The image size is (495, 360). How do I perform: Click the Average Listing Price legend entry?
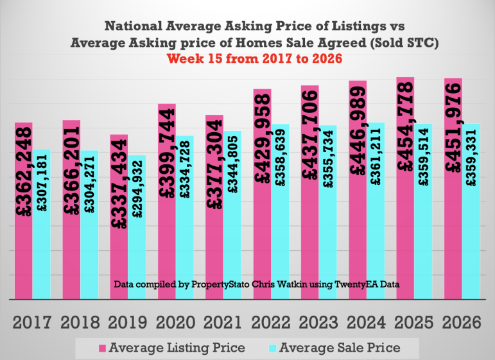pyautogui.click(x=177, y=348)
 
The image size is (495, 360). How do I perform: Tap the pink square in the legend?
pyautogui.click(x=101, y=348)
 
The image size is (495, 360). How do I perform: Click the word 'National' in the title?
pyautogui.click(x=132, y=27)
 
